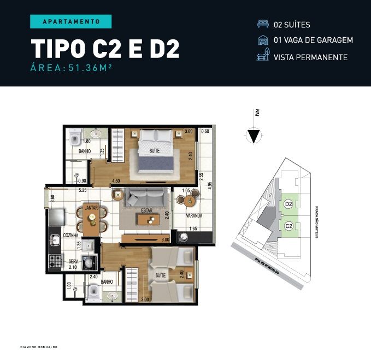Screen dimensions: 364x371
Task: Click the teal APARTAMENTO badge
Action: click(x=70, y=21)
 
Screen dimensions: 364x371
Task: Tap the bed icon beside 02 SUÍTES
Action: click(x=263, y=25)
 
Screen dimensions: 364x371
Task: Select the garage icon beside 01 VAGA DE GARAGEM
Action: click(x=263, y=40)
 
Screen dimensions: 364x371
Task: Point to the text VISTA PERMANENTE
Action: click(x=310, y=57)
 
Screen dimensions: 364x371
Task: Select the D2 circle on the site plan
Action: click(x=288, y=204)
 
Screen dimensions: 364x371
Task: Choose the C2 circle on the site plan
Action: click(x=288, y=225)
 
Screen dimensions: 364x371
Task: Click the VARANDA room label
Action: click(x=194, y=216)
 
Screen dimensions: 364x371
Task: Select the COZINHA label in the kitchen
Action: click(x=70, y=235)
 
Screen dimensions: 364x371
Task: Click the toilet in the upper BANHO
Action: click(x=76, y=134)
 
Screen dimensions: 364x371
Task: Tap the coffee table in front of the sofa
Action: click(x=148, y=220)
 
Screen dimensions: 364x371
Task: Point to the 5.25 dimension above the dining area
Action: click(x=83, y=191)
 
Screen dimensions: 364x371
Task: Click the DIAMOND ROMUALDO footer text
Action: click(x=39, y=347)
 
